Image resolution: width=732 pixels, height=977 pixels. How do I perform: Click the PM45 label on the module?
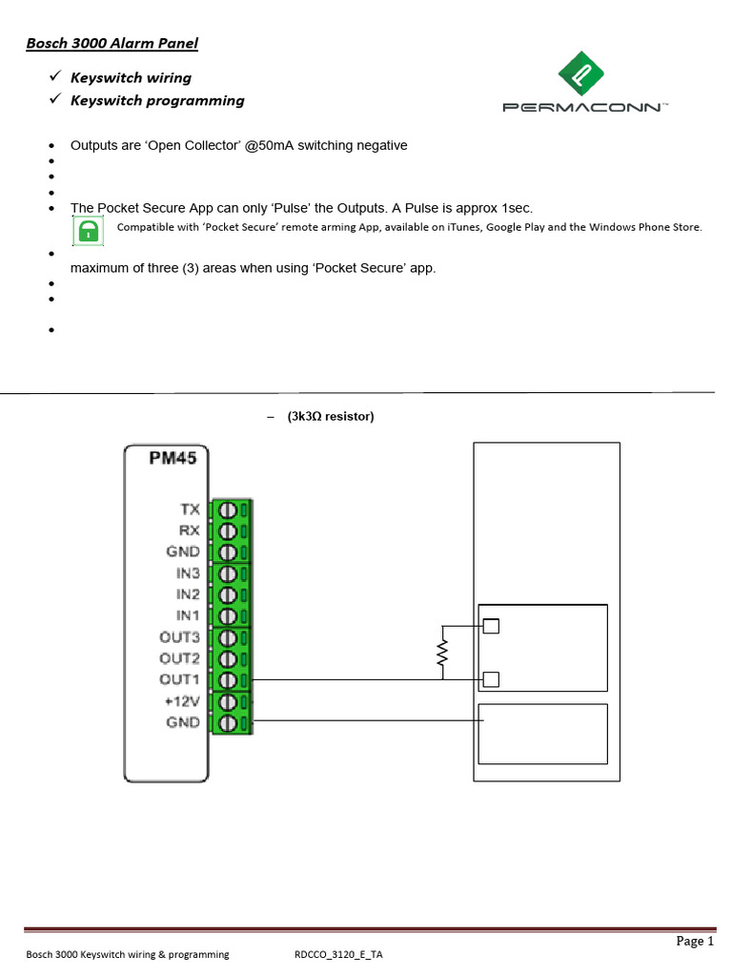pyautogui.click(x=173, y=458)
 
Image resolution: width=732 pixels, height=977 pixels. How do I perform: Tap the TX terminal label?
pyautogui.click(x=189, y=509)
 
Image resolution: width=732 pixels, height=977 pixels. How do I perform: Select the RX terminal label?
pyautogui.click(x=189, y=530)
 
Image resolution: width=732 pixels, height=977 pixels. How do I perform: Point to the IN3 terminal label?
pyautogui.click(x=187, y=573)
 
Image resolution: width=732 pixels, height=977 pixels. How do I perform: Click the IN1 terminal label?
pyautogui.click(x=187, y=615)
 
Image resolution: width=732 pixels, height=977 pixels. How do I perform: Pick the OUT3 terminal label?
pyautogui.click(x=180, y=636)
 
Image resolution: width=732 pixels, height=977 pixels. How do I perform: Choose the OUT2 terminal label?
pyautogui.click(x=180, y=658)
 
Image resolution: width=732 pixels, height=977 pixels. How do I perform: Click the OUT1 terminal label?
pyautogui.click(x=180, y=679)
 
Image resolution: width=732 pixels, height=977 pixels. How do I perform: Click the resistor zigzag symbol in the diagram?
pyautogui.click(x=442, y=653)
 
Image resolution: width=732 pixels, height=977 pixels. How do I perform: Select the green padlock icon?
pyautogui.click(x=89, y=230)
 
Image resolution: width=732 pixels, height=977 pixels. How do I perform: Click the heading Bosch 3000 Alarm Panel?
pyautogui.click(x=111, y=43)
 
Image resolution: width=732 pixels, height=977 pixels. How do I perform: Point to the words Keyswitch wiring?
pyautogui.click(x=131, y=77)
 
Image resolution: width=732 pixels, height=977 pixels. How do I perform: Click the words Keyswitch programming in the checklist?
pyautogui.click(x=157, y=100)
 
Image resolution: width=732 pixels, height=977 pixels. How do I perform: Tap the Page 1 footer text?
pyautogui.click(x=695, y=942)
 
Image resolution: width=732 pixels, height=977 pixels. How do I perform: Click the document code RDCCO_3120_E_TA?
pyautogui.click(x=339, y=954)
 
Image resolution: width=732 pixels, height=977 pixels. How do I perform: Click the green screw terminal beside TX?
pyautogui.click(x=230, y=509)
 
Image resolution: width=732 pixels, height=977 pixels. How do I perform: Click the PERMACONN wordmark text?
pyautogui.click(x=584, y=108)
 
